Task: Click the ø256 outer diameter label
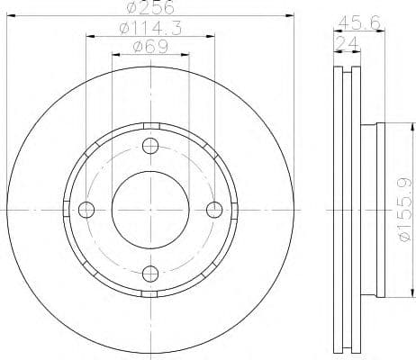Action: [151, 8]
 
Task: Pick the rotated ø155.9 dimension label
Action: [404, 210]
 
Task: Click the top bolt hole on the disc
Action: [150, 147]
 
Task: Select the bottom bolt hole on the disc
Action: [150, 273]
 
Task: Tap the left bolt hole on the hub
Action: [87, 210]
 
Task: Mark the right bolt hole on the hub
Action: [214, 210]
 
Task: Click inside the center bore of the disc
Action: [150, 210]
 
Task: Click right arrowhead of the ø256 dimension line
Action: [291, 15]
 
